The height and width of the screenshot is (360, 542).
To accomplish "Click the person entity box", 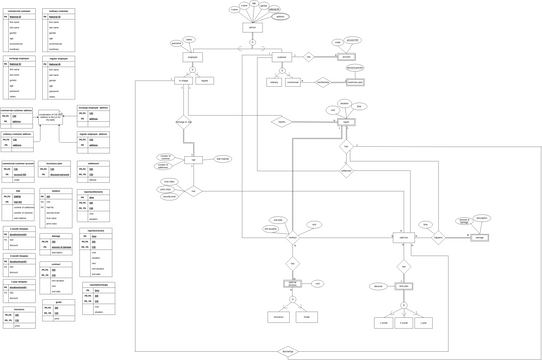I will coord(253,28).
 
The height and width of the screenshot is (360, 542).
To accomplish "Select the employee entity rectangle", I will coord(193,59).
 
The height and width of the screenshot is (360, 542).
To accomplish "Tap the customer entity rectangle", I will coord(282,59).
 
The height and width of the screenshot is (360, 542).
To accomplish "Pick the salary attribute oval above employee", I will coord(190,39).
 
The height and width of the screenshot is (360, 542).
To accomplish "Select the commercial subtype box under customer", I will coord(303,83).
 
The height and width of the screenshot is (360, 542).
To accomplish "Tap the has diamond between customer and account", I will coord(309,57).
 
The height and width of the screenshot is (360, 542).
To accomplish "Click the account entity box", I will coord(346,58).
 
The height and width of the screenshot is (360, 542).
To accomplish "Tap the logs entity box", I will coord(192,159).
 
